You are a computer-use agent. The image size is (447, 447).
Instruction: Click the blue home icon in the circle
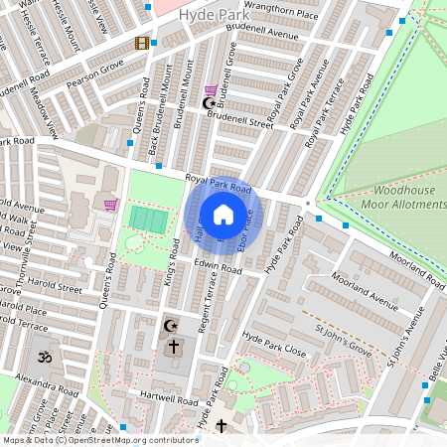point(223,215)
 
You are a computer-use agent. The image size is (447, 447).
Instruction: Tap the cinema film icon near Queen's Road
point(143,43)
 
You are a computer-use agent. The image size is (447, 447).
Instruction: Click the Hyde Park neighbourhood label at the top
point(209,16)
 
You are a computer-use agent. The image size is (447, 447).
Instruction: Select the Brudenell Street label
point(239,120)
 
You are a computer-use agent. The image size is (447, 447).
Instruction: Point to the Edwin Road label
point(218,269)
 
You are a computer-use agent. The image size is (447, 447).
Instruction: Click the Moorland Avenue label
point(364,288)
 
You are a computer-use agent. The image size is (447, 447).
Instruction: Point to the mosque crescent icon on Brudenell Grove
point(209,102)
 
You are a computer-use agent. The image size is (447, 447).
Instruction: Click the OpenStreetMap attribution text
point(99,440)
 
